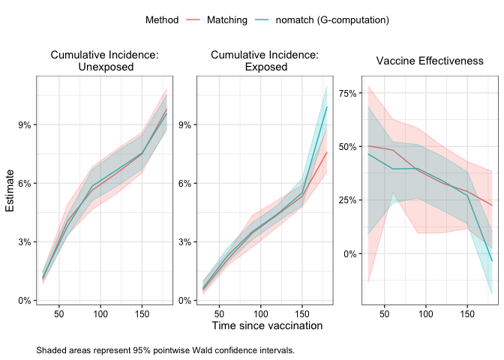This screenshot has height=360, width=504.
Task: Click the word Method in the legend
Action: click(x=162, y=20)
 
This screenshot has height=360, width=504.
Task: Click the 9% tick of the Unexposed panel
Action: click(x=25, y=124)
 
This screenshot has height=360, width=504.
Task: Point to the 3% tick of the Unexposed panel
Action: click(x=25, y=241)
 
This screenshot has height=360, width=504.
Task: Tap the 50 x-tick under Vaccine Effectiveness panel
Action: click(x=384, y=310)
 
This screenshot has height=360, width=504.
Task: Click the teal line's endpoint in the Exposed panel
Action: click(x=327, y=106)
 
